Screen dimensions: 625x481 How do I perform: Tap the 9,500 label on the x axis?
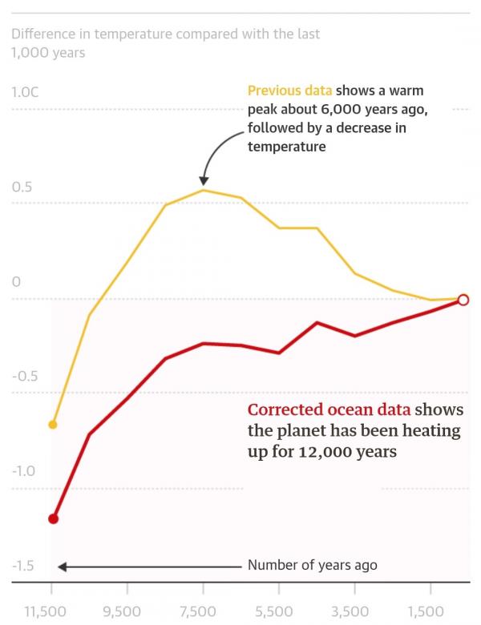tap(122, 611)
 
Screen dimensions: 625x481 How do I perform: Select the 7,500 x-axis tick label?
tap(197, 611)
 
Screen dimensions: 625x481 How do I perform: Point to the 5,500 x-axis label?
tap(273, 611)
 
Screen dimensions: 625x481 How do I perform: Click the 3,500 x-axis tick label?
tap(350, 611)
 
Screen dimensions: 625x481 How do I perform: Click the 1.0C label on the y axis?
tap(26, 92)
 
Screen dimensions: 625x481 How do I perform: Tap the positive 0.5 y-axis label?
tap(22, 187)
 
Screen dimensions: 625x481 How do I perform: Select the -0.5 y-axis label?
tap(24, 377)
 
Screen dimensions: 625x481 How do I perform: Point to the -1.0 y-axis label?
tap(24, 470)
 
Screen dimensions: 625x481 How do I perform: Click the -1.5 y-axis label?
tap(24, 567)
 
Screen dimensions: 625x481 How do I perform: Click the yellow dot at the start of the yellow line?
tap(53, 424)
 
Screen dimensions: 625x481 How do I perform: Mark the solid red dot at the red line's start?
tap(53, 518)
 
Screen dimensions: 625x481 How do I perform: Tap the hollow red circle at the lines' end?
tap(463, 300)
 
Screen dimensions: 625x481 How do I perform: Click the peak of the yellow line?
tap(204, 190)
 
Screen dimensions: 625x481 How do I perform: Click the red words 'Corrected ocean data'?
tap(329, 409)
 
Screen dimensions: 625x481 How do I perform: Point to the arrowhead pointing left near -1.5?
tap(62, 567)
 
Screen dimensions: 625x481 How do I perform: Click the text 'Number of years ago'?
tap(312, 565)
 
